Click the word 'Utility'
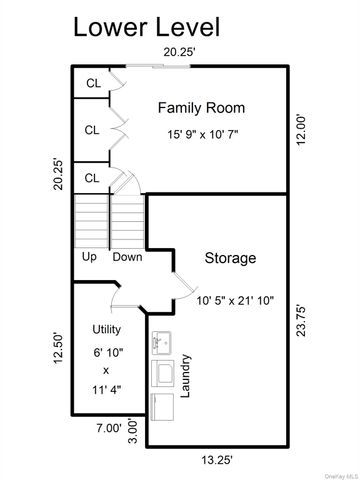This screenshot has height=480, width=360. click(x=107, y=329)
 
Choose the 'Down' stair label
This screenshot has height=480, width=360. click(x=126, y=256)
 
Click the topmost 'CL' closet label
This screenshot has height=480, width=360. click(x=92, y=83)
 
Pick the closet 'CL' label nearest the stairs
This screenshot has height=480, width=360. click(x=92, y=178)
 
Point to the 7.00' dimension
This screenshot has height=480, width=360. click(x=108, y=427)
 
